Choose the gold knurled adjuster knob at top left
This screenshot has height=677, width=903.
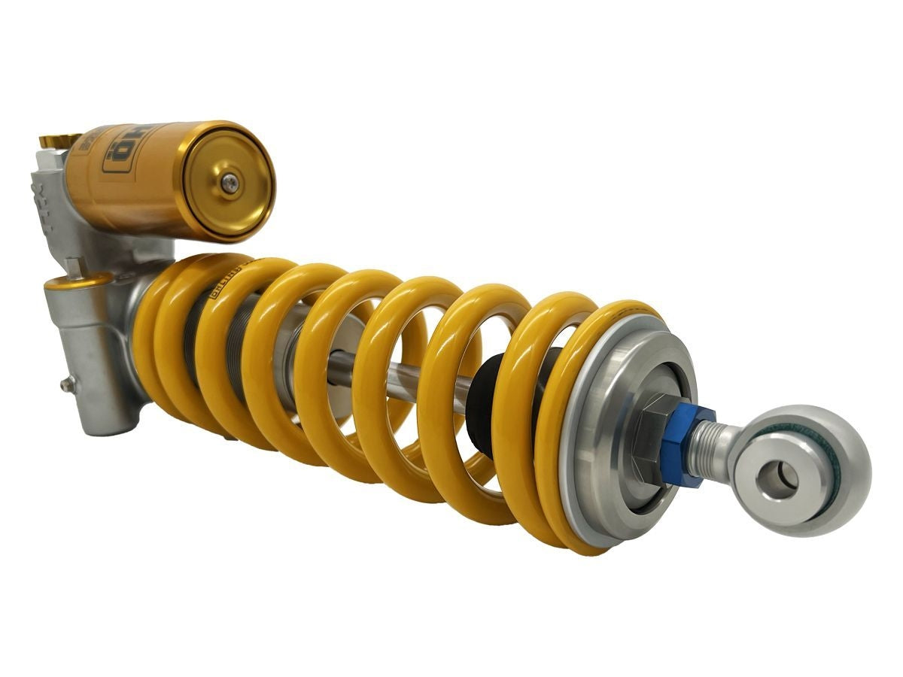tap(59, 141)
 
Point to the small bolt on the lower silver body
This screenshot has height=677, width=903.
tap(66, 384)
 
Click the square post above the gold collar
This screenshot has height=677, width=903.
tap(73, 265)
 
